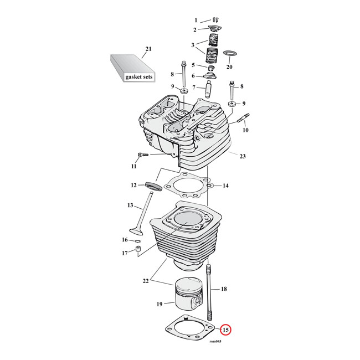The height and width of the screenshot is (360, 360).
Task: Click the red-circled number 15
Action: click(x=226, y=331)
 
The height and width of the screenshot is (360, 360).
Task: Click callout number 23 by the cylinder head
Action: click(x=242, y=156)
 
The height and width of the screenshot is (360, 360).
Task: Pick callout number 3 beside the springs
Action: click(x=193, y=45)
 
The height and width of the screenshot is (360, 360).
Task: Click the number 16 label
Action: click(x=125, y=239)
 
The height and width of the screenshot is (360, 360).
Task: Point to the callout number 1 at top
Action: click(x=195, y=20)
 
